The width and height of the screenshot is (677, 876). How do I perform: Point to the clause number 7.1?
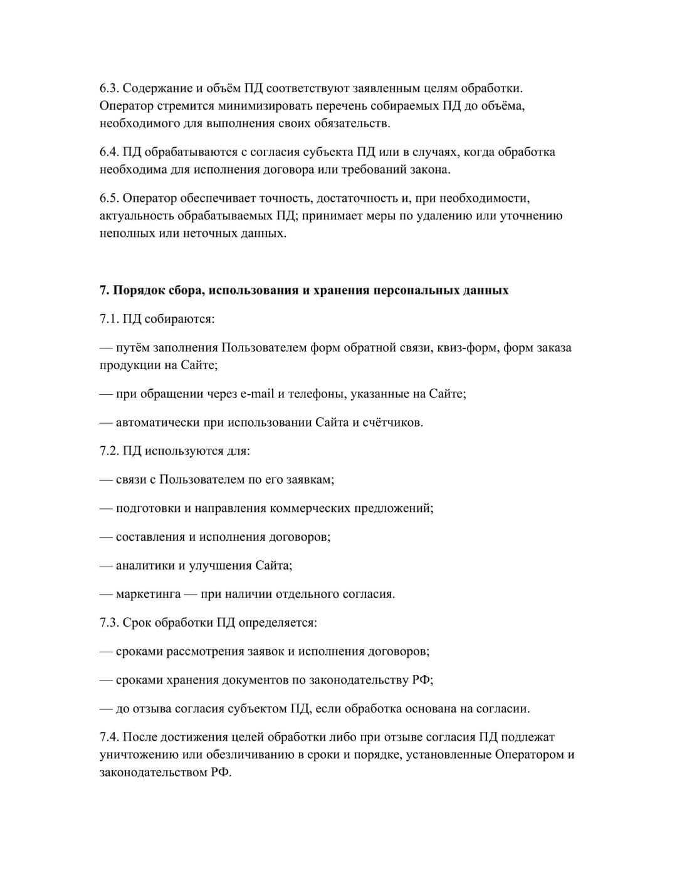[109, 318]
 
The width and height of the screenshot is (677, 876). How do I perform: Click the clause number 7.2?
[109, 451]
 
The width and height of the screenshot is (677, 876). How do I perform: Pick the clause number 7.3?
[109, 622]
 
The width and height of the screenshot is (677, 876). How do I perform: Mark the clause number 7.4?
[109, 737]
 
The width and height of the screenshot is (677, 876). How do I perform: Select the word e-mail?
[257, 394]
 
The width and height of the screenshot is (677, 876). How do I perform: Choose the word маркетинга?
[148, 594]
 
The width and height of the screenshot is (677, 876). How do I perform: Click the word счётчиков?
[392, 422]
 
